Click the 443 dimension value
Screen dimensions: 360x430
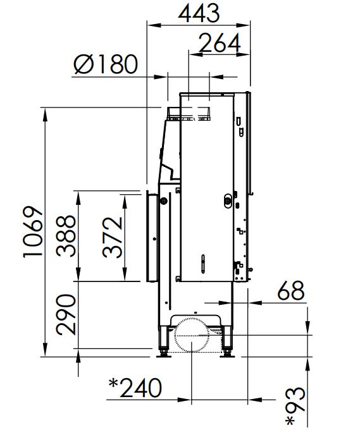point(199,13)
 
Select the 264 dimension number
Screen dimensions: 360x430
point(220,43)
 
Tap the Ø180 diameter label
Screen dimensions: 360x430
point(106,64)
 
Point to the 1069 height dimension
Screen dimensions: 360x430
point(33,231)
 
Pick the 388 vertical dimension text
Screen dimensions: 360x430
point(66,236)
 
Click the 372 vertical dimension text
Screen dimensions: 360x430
point(113,238)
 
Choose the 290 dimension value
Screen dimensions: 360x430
point(66,315)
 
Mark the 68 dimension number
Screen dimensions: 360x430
point(291,291)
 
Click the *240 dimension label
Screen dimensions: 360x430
point(135,388)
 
